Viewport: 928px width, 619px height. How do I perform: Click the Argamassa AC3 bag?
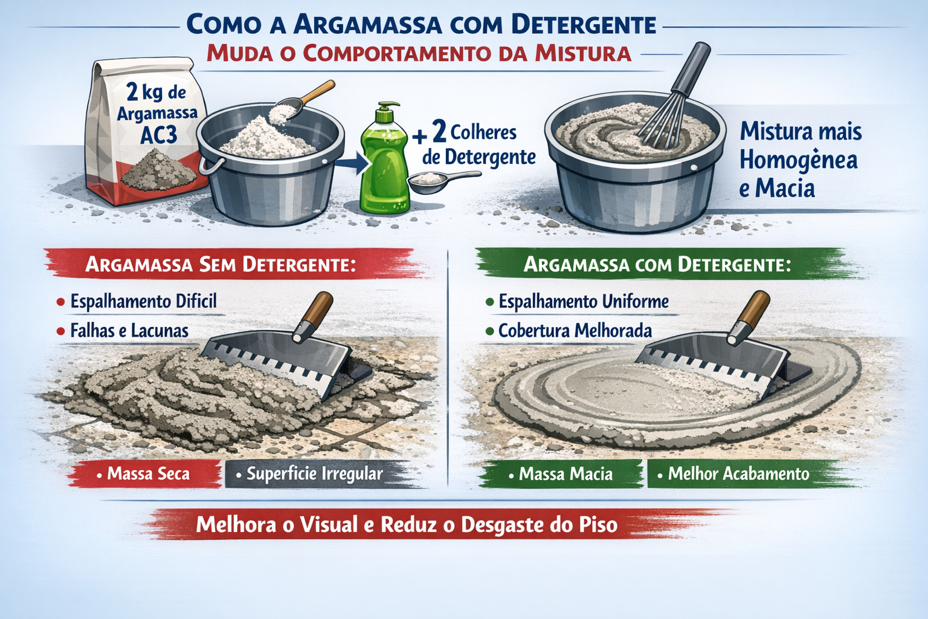[145, 136]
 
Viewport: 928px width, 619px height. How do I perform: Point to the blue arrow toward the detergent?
[351, 162]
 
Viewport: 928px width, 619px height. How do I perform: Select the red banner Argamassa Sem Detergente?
[221, 265]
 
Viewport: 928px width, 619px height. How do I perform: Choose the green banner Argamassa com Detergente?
[657, 265]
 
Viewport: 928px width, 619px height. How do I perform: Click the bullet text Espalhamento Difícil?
[143, 301]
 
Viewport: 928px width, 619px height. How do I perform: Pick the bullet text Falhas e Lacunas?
[129, 331]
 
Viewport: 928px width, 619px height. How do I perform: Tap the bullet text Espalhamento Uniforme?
[583, 301]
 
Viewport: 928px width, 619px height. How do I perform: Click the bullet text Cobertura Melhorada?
[575, 331]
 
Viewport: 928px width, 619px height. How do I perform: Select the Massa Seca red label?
[148, 474]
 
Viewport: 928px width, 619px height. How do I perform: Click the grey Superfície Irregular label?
[314, 474]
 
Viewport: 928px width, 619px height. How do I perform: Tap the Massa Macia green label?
[565, 474]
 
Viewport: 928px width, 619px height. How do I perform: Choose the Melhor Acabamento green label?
[738, 474]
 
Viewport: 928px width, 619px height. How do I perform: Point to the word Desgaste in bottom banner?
[503, 525]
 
